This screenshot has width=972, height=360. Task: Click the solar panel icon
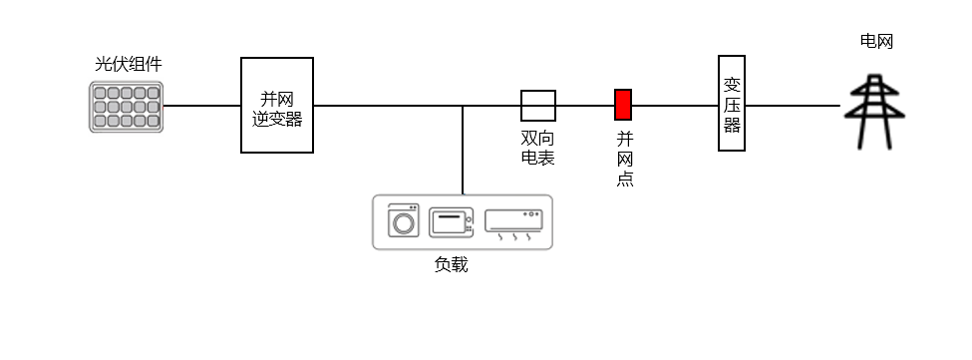pyautogui.click(x=126, y=107)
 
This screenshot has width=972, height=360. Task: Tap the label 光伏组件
pyautogui.click(x=128, y=64)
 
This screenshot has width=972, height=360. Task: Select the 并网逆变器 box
pyautogui.click(x=277, y=105)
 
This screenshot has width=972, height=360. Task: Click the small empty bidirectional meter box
pyautogui.click(x=538, y=105)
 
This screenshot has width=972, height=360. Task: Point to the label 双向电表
pyautogui.click(x=538, y=147)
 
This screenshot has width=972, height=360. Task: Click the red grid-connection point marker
pyautogui.click(x=623, y=105)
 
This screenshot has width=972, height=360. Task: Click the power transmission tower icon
pyautogui.click(x=874, y=112)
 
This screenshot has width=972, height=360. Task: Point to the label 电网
pyautogui.click(x=876, y=41)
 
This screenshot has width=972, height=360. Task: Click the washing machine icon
pyautogui.click(x=404, y=220)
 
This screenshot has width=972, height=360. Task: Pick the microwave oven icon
pyautogui.click(x=451, y=221)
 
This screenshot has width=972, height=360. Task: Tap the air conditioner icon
pyautogui.click(x=513, y=221)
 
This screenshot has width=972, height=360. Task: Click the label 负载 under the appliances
pyautogui.click(x=451, y=264)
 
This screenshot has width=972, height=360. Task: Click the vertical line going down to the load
pyautogui.click(x=463, y=150)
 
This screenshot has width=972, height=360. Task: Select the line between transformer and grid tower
pyautogui.click(x=793, y=105)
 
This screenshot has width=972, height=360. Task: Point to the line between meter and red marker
pyautogui.click(x=584, y=105)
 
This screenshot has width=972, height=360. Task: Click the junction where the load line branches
pyautogui.click(x=463, y=105)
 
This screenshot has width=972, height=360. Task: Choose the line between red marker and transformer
pyautogui.click(x=675, y=105)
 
